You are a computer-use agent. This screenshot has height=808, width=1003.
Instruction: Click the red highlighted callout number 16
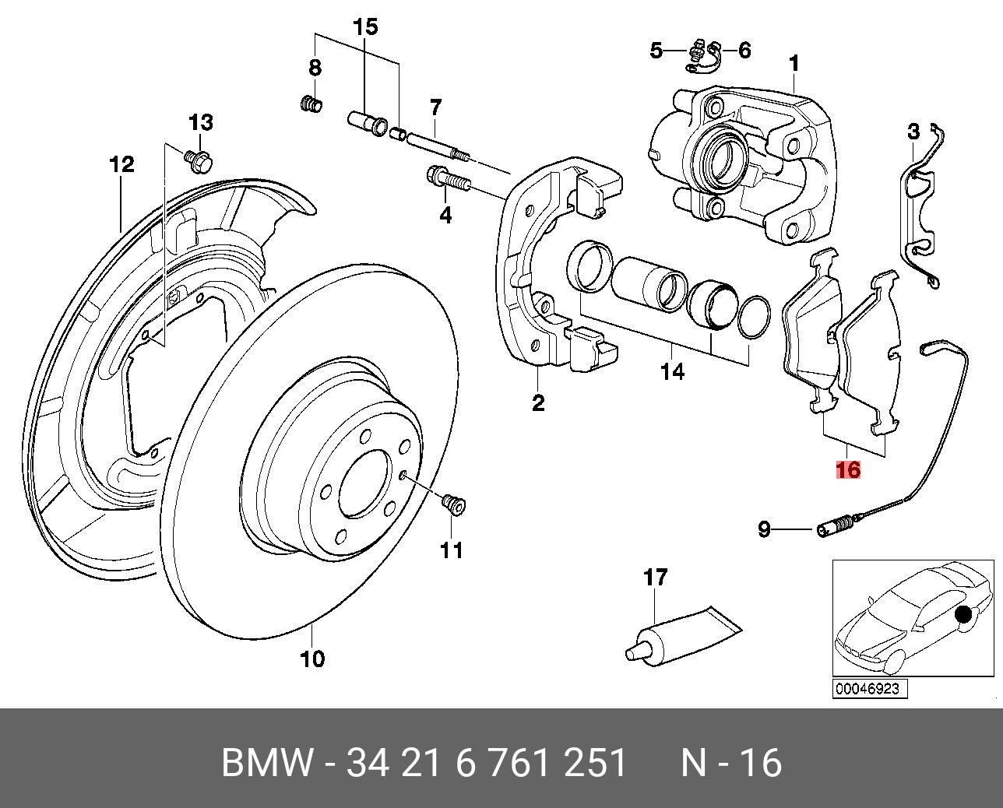pyautogui.click(x=848, y=470)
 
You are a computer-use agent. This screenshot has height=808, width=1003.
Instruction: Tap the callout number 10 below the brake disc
pyautogui.click(x=311, y=659)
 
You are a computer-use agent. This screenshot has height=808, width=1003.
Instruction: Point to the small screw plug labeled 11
pyautogui.click(x=452, y=506)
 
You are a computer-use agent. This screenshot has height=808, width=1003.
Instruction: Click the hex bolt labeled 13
pyautogui.click(x=199, y=160)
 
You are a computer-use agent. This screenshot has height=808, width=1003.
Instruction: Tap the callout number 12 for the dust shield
pyautogui.click(x=121, y=164)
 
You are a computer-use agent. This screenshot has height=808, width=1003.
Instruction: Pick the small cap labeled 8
pyautogui.click(x=312, y=104)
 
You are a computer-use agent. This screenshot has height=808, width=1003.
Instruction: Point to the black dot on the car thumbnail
pyautogui.click(x=964, y=615)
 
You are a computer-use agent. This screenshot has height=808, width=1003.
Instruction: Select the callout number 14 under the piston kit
pyautogui.click(x=673, y=372)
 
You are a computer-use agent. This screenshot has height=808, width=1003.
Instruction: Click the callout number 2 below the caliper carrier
pyautogui.click(x=538, y=402)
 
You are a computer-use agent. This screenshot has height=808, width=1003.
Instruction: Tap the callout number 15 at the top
pyautogui.click(x=364, y=27)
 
